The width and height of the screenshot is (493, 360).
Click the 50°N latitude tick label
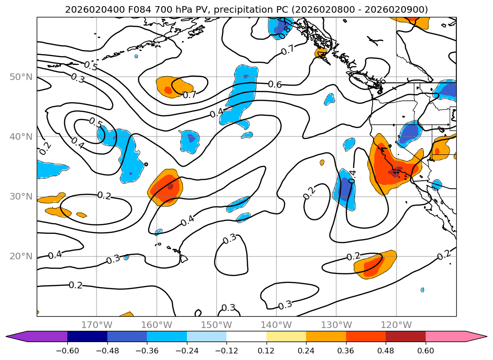click(21, 77)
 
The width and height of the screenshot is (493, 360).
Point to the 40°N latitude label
click(21, 136)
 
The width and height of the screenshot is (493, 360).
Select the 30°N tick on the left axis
click(21, 196)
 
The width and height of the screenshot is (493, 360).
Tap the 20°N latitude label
click(21, 256)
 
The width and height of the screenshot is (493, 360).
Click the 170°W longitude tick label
click(97, 325)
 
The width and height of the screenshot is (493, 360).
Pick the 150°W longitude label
click(216, 325)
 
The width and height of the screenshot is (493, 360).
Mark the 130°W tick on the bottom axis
click(336, 325)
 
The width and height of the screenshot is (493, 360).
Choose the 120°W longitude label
click(396, 325)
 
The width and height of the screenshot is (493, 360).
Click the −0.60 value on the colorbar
click(67, 351)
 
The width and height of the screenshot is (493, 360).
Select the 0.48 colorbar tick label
click(386, 351)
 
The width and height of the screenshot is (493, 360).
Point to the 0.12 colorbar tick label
click(267, 351)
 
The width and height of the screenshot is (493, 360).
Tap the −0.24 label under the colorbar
click(187, 351)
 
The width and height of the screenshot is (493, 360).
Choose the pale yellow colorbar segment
click(286, 336)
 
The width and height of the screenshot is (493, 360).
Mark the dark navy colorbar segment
click(87, 336)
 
